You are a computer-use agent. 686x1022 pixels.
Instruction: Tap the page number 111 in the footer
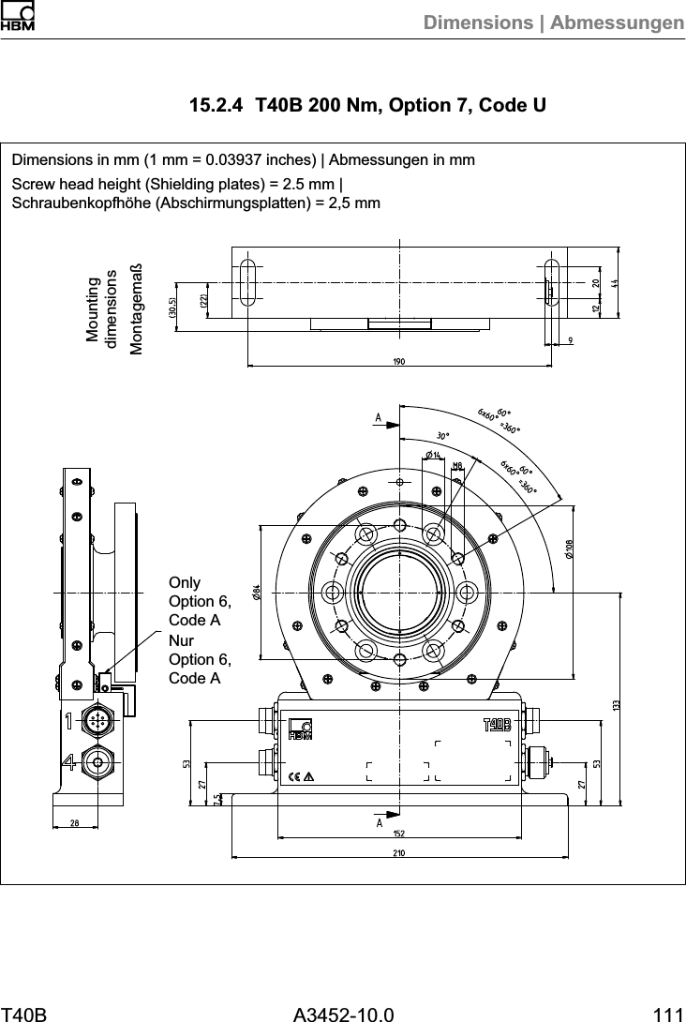coord(668,1013)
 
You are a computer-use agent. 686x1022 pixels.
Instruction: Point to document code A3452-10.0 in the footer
coord(343,1013)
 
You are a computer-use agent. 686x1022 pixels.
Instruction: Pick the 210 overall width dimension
coord(399,851)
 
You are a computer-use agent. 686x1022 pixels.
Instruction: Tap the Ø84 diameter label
coord(255,592)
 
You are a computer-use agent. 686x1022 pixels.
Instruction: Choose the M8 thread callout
coord(457,465)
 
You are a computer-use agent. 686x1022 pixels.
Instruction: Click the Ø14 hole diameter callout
coord(433,456)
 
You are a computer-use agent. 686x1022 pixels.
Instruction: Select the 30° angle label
coord(442,435)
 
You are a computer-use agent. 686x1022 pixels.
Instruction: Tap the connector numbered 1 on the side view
coord(97,722)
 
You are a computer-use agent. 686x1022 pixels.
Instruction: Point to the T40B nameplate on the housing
coord(497,724)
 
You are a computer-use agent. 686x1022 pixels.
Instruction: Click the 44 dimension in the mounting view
coord(614,282)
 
